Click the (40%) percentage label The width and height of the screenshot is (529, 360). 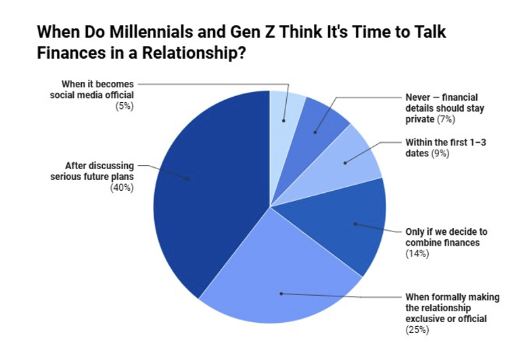(122, 187)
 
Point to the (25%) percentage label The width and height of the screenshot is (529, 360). (417, 330)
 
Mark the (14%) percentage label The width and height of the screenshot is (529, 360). (417, 254)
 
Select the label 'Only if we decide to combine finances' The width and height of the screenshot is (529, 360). (446, 237)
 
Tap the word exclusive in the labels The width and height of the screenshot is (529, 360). (425, 318)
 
